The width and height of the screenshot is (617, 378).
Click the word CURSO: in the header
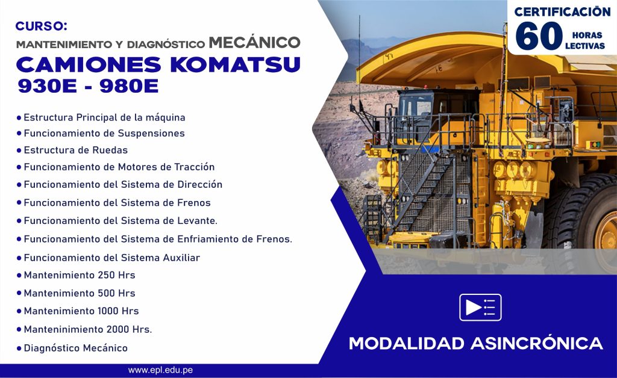[42, 26]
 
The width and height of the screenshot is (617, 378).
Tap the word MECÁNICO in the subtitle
[255, 43]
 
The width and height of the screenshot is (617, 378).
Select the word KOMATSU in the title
[236, 65]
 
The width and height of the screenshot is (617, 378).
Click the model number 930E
[47, 86]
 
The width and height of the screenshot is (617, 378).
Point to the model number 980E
[129, 86]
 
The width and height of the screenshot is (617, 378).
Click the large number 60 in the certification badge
[539, 36]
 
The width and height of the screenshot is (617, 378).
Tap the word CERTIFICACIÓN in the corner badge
[562, 12]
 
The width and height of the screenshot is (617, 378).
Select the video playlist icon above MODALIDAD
[480, 307]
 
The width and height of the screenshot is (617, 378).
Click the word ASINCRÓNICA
[537, 343]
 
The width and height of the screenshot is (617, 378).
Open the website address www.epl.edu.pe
[160, 370]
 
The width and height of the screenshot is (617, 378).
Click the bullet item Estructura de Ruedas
[75, 150]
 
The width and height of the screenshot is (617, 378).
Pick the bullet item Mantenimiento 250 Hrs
[79, 275]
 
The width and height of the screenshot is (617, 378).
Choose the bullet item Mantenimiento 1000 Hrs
[81, 311]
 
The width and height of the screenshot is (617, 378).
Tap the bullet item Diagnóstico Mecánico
[75, 348]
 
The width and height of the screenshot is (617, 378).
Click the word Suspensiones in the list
[151, 134]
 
